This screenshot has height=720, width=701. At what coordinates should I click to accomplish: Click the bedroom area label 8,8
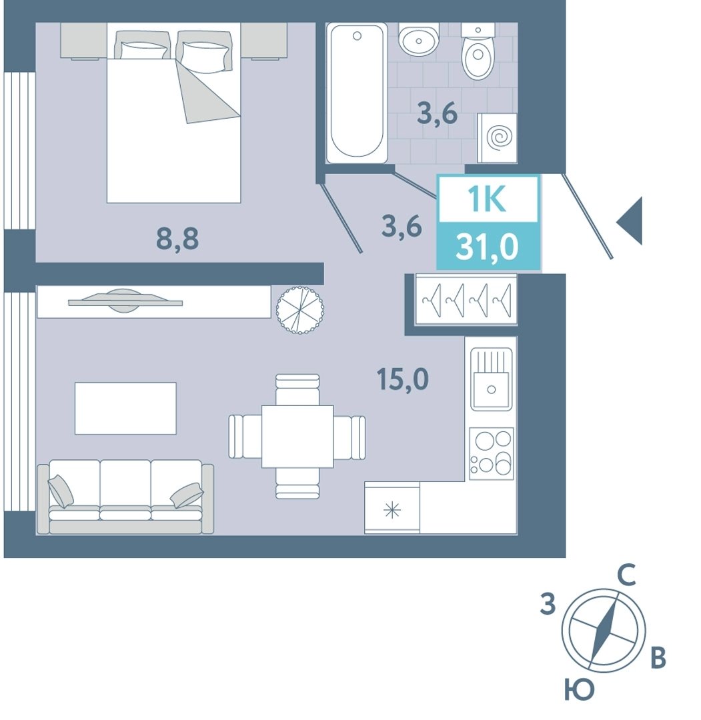(177, 239)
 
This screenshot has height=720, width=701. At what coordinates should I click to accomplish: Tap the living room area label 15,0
(402, 379)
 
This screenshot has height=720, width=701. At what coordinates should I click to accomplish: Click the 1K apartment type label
(488, 199)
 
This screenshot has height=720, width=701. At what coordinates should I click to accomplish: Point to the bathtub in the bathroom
(357, 93)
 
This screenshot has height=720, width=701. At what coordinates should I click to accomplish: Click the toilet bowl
(478, 53)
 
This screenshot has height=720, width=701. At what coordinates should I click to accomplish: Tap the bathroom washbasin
(418, 39)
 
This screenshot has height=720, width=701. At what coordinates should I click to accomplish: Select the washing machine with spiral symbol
(497, 138)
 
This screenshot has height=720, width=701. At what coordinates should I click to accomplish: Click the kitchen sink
(491, 379)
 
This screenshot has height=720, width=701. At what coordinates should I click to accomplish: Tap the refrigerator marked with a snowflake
(392, 508)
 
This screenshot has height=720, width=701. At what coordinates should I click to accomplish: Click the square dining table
(297, 437)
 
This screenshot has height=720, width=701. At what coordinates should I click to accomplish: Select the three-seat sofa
(125, 497)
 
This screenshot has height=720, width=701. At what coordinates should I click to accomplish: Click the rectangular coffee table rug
(125, 408)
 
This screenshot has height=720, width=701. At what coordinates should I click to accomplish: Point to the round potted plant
(299, 310)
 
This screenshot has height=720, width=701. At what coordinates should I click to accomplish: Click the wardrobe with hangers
(466, 299)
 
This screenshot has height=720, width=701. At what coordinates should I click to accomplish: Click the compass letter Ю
(579, 690)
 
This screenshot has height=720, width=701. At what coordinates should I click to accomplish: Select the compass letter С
(626, 575)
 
